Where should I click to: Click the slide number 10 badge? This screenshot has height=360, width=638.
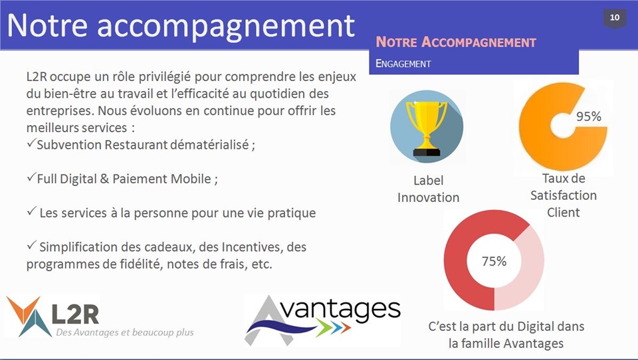tap(614, 19)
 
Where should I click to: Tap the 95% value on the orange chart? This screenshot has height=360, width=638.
tap(588, 117)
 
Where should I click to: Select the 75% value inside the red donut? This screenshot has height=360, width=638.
tap(494, 261)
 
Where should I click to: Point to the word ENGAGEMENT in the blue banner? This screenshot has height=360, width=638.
tap(403, 64)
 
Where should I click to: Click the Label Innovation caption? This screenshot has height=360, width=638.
tap(428, 189)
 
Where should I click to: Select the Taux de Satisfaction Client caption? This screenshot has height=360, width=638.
tap(564, 195)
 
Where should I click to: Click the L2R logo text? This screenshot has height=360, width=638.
tap(76, 314)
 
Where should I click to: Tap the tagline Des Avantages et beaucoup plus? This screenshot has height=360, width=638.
tap(125, 332)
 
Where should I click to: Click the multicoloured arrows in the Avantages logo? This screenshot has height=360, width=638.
tap(333, 327)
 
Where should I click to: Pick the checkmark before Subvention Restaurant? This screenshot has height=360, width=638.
tap(31, 143)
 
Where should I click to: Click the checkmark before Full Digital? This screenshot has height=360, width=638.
tap(31, 177)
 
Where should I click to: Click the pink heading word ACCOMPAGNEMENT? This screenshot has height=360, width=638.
tap(479, 43)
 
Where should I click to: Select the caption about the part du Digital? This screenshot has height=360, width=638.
tap(506, 335)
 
